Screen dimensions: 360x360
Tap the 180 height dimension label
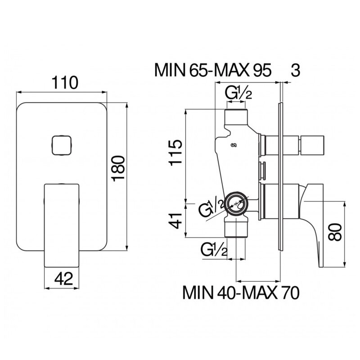tap(118, 169)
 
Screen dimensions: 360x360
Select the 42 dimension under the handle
tap(63, 279)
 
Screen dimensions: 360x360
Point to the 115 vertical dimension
tap(175, 152)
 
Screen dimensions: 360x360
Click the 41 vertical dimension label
tap(175, 220)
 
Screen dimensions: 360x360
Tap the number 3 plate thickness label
tap(295, 70)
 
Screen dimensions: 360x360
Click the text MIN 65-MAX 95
tap(213, 70)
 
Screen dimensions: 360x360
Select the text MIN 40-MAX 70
tap(241, 293)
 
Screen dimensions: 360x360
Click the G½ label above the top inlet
tap(238, 93)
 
